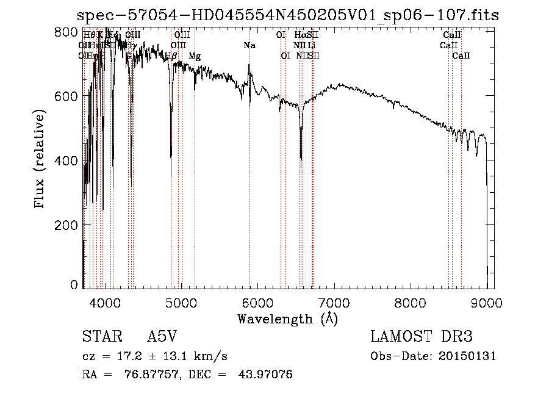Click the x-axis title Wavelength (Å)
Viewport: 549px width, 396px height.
click(x=287, y=319)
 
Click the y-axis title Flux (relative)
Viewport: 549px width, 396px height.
click(x=40, y=160)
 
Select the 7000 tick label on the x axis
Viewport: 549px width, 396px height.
click(x=334, y=302)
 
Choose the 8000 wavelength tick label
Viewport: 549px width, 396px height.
click(x=410, y=302)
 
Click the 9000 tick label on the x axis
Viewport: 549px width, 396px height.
click(x=486, y=302)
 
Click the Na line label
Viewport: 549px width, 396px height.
click(x=249, y=46)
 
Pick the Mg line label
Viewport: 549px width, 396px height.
click(x=195, y=56)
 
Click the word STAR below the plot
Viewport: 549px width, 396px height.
click(x=99, y=337)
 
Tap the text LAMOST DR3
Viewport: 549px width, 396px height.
click(x=422, y=337)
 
